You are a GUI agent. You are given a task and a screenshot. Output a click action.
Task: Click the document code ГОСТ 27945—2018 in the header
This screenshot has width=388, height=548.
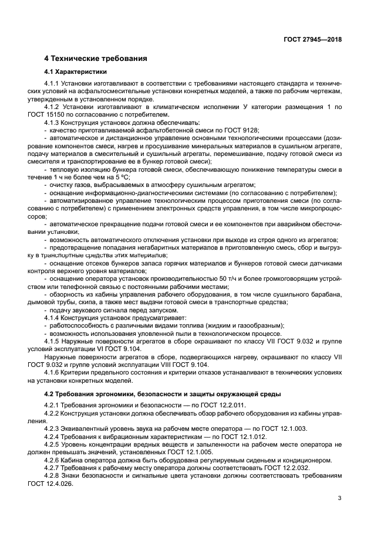[x=313, y=39]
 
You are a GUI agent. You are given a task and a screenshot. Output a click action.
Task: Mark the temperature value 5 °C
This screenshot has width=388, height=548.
[x=122, y=176]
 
